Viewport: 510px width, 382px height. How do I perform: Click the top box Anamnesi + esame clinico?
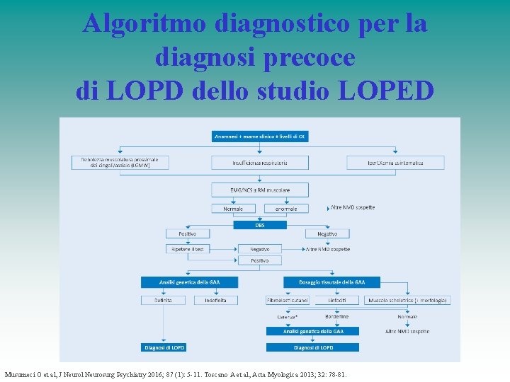point(260,136)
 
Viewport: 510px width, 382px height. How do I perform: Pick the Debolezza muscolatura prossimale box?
point(120,162)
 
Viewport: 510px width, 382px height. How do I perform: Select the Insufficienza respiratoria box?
point(260,162)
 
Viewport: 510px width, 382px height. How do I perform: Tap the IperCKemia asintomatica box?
point(395,162)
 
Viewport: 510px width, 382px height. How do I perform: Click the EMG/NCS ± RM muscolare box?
point(260,189)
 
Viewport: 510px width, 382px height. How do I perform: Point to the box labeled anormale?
point(286,209)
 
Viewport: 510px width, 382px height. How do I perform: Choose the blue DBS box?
point(260,225)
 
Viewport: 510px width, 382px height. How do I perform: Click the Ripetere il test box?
point(188,249)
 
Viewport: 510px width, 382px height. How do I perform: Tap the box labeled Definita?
point(163,300)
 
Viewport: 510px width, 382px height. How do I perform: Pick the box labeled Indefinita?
point(216,300)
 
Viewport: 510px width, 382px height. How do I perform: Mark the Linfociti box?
point(336,300)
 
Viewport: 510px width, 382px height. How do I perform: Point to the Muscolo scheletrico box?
point(407,300)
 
